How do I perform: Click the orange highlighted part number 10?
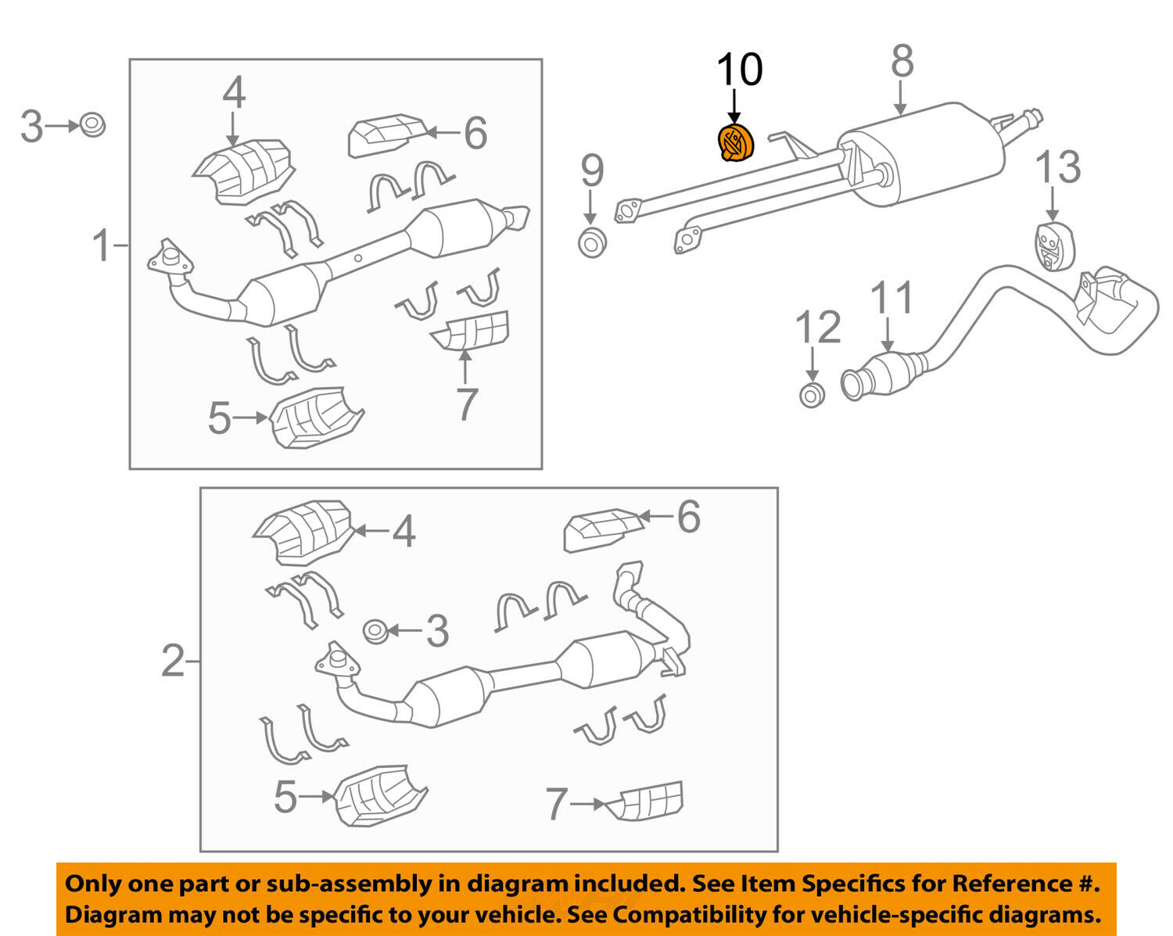[x=734, y=143]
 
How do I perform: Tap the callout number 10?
[x=739, y=70]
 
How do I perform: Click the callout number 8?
[x=902, y=61]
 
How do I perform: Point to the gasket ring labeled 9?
[x=592, y=242]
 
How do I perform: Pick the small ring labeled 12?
[x=812, y=395]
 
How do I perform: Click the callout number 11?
[x=891, y=299]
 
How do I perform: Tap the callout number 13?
[x=1058, y=167]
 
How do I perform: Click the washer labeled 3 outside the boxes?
[x=92, y=124]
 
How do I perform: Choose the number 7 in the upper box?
[x=466, y=404]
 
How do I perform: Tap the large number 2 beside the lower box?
[x=173, y=662]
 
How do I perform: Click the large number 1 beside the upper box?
[x=102, y=246]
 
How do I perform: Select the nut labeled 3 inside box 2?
[x=376, y=630]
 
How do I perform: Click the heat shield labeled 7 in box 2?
[x=650, y=801]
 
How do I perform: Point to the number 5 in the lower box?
[x=285, y=798]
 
